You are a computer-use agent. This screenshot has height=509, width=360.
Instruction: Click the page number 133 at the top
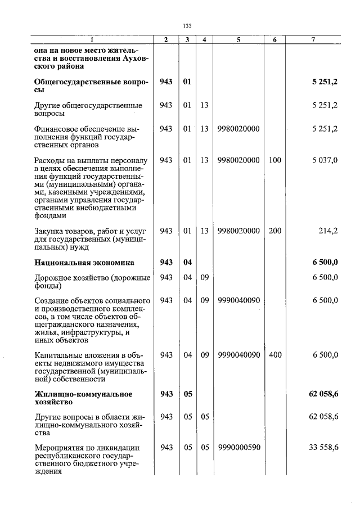(x=187, y=26)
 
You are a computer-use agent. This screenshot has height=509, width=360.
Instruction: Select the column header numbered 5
(x=238, y=39)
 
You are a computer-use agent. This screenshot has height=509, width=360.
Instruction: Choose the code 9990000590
(x=238, y=448)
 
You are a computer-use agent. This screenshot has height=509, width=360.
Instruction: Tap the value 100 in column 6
(x=274, y=160)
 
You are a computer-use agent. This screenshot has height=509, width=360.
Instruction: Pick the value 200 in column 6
(x=274, y=231)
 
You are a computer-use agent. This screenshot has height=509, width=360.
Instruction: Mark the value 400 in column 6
(x=274, y=355)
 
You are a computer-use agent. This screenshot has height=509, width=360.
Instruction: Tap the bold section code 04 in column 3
(x=188, y=262)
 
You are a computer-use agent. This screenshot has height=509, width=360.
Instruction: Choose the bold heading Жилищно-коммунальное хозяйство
(x=83, y=398)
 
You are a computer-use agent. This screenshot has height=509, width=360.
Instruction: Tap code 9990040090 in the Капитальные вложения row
(x=238, y=355)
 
